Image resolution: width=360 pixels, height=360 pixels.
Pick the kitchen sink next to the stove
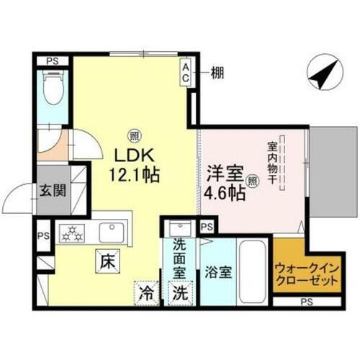pos(111,232)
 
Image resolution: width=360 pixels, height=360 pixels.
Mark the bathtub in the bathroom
pos(252,270)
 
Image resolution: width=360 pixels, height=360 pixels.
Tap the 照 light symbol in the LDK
pos(135,134)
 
